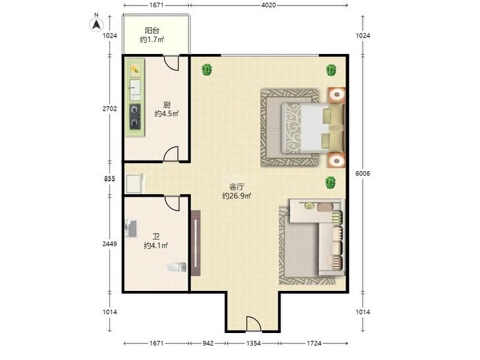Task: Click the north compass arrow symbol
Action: (x=96, y=24)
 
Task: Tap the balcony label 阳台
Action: (x=152, y=30)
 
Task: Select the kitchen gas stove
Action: (x=135, y=116)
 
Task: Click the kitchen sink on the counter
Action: (x=135, y=88)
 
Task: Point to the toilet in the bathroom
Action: (x=177, y=267)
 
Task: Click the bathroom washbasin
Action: (x=131, y=228)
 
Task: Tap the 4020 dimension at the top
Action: (x=269, y=5)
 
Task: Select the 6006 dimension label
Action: (x=363, y=174)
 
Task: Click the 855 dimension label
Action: (x=109, y=179)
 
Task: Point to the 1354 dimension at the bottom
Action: (x=253, y=343)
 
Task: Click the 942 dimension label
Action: (x=208, y=343)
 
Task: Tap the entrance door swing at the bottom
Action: (x=253, y=324)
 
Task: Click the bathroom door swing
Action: (x=172, y=203)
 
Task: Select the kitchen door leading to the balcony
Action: (x=171, y=63)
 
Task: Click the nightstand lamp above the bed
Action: (x=336, y=95)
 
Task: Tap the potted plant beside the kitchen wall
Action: (x=207, y=70)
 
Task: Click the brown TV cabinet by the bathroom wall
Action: (x=196, y=243)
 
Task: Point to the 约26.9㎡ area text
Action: (x=236, y=195)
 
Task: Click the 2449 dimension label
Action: (x=109, y=244)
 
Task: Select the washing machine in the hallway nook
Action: (x=135, y=183)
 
